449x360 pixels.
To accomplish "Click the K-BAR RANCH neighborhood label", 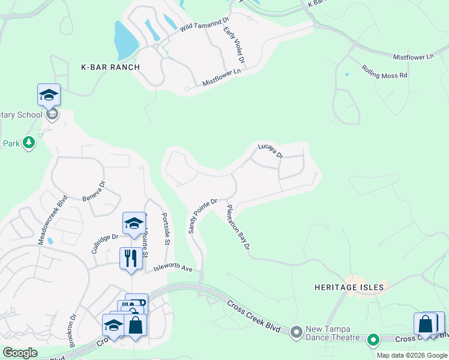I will click(110, 67).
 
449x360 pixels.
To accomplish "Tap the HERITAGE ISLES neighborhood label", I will click(349, 287).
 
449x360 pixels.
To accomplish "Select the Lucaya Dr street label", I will click(270, 150).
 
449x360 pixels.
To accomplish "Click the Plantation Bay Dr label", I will click(238, 228).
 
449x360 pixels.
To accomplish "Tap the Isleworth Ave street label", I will click(172, 268).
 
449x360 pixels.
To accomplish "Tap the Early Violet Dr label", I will click(234, 45).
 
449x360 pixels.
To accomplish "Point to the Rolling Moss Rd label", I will click(384, 72).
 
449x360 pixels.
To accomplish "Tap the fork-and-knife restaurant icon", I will click(131, 259).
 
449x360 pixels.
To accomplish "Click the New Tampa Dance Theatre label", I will click(333, 333).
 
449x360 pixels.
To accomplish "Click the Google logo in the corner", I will click(19, 353).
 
